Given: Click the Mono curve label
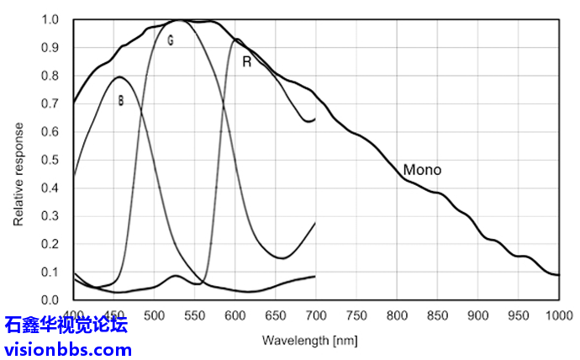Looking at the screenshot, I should pyautogui.click(x=422, y=170).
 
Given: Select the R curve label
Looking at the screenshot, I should pyautogui.click(x=246, y=61).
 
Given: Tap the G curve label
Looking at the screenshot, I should pyautogui.click(x=171, y=40).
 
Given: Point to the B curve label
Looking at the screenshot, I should pyautogui.click(x=121, y=101).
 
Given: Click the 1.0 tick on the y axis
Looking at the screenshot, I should pyautogui.click(x=50, y=19).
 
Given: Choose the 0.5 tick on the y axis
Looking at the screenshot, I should pyautogui.click(x=50, y=160).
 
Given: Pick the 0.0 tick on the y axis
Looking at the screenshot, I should pyautogui.click(x=50, y=300).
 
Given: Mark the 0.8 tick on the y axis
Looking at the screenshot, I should pyautogui.click(x=50, y=76).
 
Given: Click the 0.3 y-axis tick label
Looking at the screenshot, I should pyautogui.click(x=50, y=216).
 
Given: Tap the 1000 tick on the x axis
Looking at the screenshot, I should pyautogui.click(x=559, y=316).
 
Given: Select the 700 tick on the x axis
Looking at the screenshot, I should pyautogui.click(x=316, y=316).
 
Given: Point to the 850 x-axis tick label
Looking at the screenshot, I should pyautogui.click(x=437, y=316).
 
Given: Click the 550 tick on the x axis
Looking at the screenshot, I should pyautogui.click(x=194, y=316).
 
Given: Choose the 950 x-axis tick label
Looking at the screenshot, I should pyautogui.click(x=518, y=316).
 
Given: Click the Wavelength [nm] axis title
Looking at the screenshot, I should pyautogui.click(x=310, y=341).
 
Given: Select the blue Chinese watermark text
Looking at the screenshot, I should pyautogui.click(x=66, y=325).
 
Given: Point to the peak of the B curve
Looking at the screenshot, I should pyautogui.click(x=119, y=77).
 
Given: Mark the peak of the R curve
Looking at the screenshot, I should pyautogui.click(x=237, y=39).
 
